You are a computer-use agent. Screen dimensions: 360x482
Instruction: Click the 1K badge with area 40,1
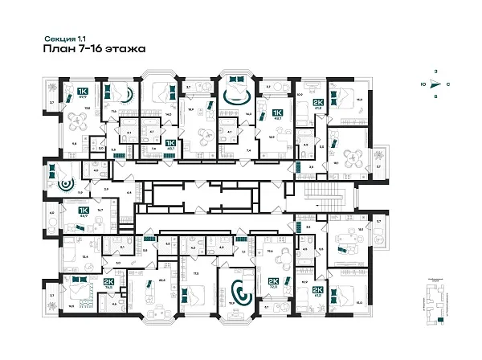pyautogui.click(x=170, y=145)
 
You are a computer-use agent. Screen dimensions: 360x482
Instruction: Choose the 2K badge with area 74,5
pyautogui.click(x=108, y=283)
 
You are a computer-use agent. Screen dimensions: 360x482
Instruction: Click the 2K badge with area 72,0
pyautogui.click(x=272, y=283)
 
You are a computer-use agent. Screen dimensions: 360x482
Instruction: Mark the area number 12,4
pyautogui.click(x=63, y=256)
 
